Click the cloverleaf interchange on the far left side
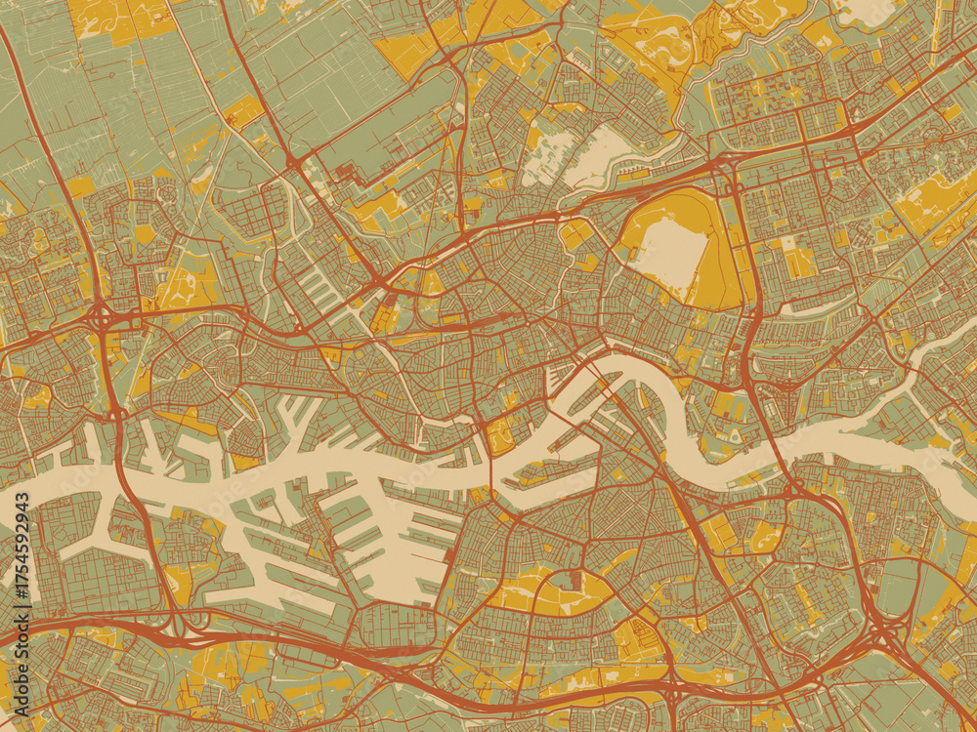[101, 317]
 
